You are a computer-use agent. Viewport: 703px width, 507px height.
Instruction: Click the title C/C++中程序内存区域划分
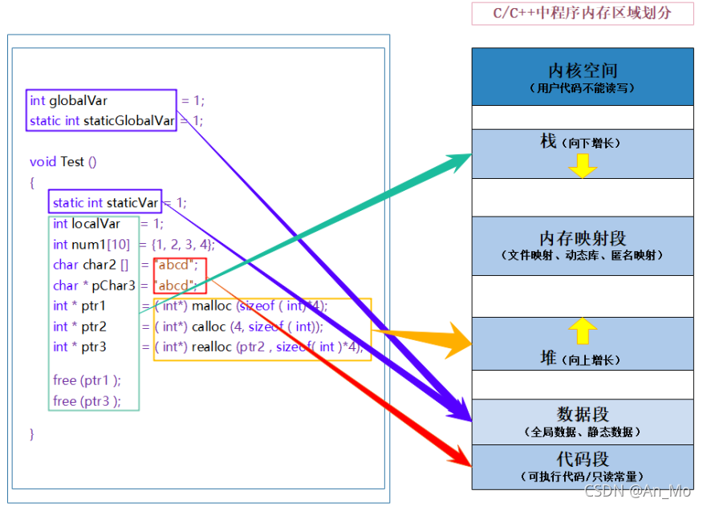[582, 14]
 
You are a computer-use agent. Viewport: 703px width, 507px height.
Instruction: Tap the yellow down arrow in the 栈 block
[583, 164]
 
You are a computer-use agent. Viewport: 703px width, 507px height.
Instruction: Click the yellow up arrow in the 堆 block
[583, 331]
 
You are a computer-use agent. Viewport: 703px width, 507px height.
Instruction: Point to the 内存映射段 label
[582, 239]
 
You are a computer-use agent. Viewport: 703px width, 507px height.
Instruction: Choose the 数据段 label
[582, 415]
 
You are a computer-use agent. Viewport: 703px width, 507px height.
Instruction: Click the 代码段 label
[582, 460]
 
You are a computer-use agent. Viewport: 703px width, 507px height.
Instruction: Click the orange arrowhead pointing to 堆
[453, 338]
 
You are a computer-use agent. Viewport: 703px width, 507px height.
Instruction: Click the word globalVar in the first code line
[79, 101]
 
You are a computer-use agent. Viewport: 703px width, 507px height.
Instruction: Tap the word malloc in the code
[212, 306]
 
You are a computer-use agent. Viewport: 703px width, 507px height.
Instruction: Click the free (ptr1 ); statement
[87, 380]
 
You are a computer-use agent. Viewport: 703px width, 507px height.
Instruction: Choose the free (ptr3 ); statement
[87, 401]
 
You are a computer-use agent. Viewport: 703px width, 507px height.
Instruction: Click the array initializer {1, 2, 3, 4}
[182, 245]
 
